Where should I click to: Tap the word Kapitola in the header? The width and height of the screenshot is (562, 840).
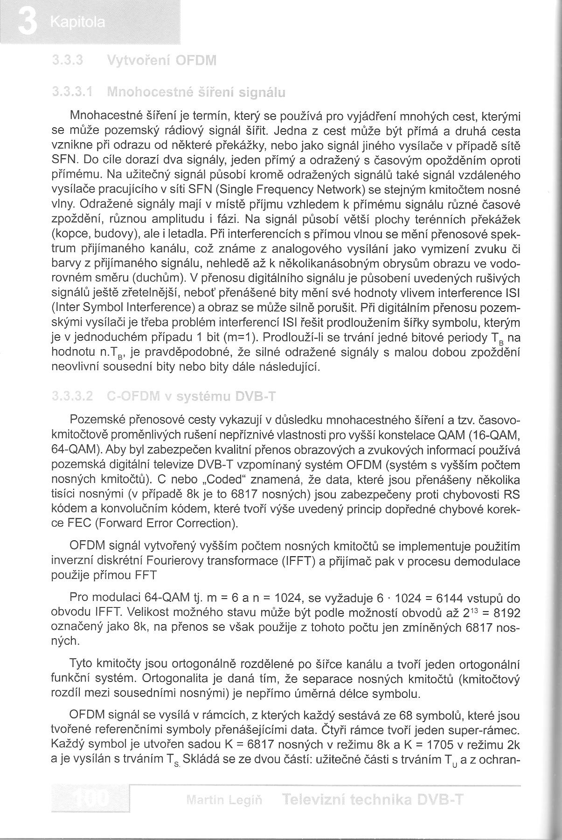(78, 22)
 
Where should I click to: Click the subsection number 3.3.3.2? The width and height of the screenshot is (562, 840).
(72, 397)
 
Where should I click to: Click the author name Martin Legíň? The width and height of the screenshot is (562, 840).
(224, 801)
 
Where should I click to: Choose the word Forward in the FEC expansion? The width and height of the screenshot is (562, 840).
(117, 523)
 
